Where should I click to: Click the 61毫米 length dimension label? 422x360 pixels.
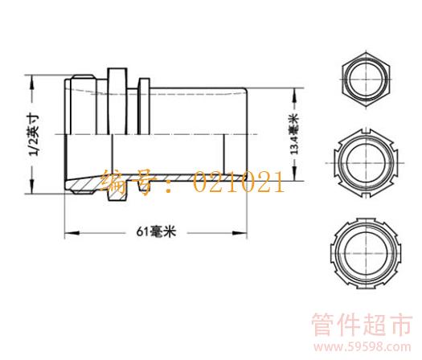coord(156,231)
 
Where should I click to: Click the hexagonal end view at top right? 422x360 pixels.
coord(366,80)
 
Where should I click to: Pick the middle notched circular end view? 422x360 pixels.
coord(366,163)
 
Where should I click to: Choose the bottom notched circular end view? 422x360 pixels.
coord(366,254)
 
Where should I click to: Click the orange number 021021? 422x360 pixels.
coord(239,183)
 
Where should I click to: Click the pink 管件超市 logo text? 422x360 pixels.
coord(362,325)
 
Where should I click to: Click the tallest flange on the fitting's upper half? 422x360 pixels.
coord(117,101)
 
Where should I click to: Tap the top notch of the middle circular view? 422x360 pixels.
coord(366,132)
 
